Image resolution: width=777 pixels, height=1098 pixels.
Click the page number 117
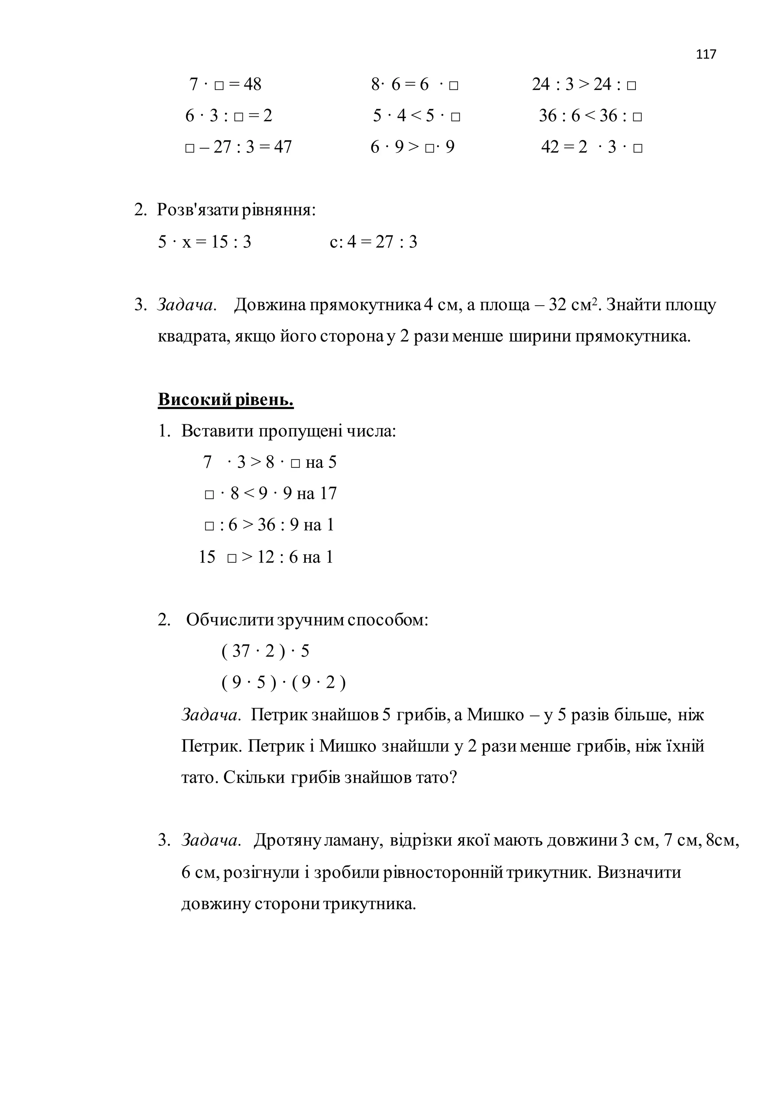[x=706, y=55]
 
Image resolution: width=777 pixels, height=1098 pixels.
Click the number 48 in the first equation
[x=253, y=85]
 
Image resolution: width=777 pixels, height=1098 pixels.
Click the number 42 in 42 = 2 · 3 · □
[x=550, y=147]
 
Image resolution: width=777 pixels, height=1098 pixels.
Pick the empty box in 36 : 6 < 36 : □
[x=637, y=117]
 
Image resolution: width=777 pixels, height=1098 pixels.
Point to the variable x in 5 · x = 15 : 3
[x=186, y=242]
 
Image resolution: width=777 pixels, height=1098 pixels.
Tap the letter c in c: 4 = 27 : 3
[x=333, y=242]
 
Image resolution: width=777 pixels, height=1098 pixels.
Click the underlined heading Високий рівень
[x=225, y=399]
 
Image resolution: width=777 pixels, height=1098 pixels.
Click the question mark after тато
[x=453, y=778]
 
